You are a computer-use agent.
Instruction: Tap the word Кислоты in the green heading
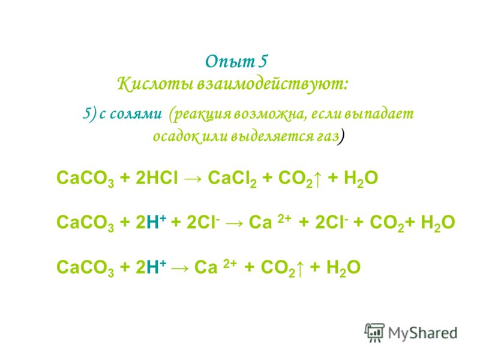pyautogui.click(x=155, y=84)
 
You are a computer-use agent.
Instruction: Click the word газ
pyautogui.click(x=328, y=137)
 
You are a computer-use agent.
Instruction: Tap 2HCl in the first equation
pyautogui.click(x=157, y=178)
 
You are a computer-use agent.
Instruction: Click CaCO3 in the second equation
pyautogui.click(x=85, y=223)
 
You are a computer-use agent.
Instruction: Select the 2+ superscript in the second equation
pyautogui.click(x=284, y=218)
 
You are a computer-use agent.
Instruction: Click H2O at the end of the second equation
pyautogui.click(x=438, y=223)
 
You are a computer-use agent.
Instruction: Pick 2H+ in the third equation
pyautogui.click(x=151, y=266)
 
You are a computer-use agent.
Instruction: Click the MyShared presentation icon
pyautogui.click(x=374, y=332)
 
